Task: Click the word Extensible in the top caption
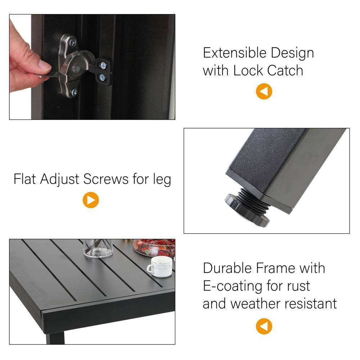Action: pos(235,53)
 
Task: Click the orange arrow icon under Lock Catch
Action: pos(264,91)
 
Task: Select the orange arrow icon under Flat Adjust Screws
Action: pos(91,200)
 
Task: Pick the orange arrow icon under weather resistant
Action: pos(264,326)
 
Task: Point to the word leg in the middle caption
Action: pos(162,180)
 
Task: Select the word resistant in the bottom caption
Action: pos(311,303)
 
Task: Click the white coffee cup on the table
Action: pos(160,266)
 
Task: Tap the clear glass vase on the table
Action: pos(98,248)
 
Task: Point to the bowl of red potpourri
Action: pos(154,248)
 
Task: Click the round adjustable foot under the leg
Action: pos(247,210)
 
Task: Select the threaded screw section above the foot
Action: pos(254,199)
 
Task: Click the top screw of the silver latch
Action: pos(73,42)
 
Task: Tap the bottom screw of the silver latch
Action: pos(74,92)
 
